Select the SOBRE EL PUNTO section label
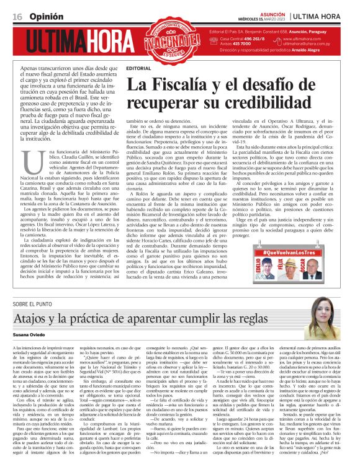click(x=38, y=305)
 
